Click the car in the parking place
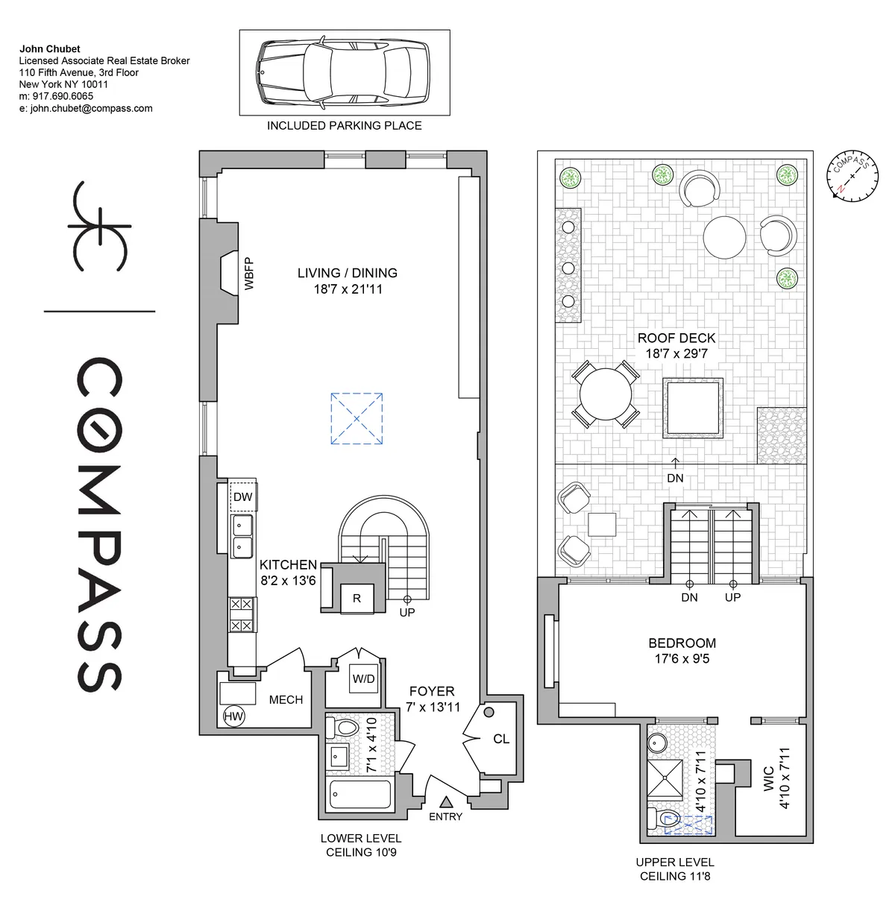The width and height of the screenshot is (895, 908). click(344, 72)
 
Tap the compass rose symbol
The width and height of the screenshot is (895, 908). click(852, 176)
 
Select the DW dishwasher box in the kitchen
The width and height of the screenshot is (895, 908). click(243, 497)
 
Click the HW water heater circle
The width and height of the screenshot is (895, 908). click(233, 716)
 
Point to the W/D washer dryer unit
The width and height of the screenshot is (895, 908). click(363, 679)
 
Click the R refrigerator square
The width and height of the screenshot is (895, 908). click(357, 598)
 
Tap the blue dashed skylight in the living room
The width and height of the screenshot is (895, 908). click(357, 418)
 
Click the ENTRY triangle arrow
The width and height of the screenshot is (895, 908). click(446, 802)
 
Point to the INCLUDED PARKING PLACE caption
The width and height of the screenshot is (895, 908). click(344, 126)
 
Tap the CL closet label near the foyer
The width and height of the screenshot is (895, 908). click(500, 739)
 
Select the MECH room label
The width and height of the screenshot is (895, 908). click(286, 699)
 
